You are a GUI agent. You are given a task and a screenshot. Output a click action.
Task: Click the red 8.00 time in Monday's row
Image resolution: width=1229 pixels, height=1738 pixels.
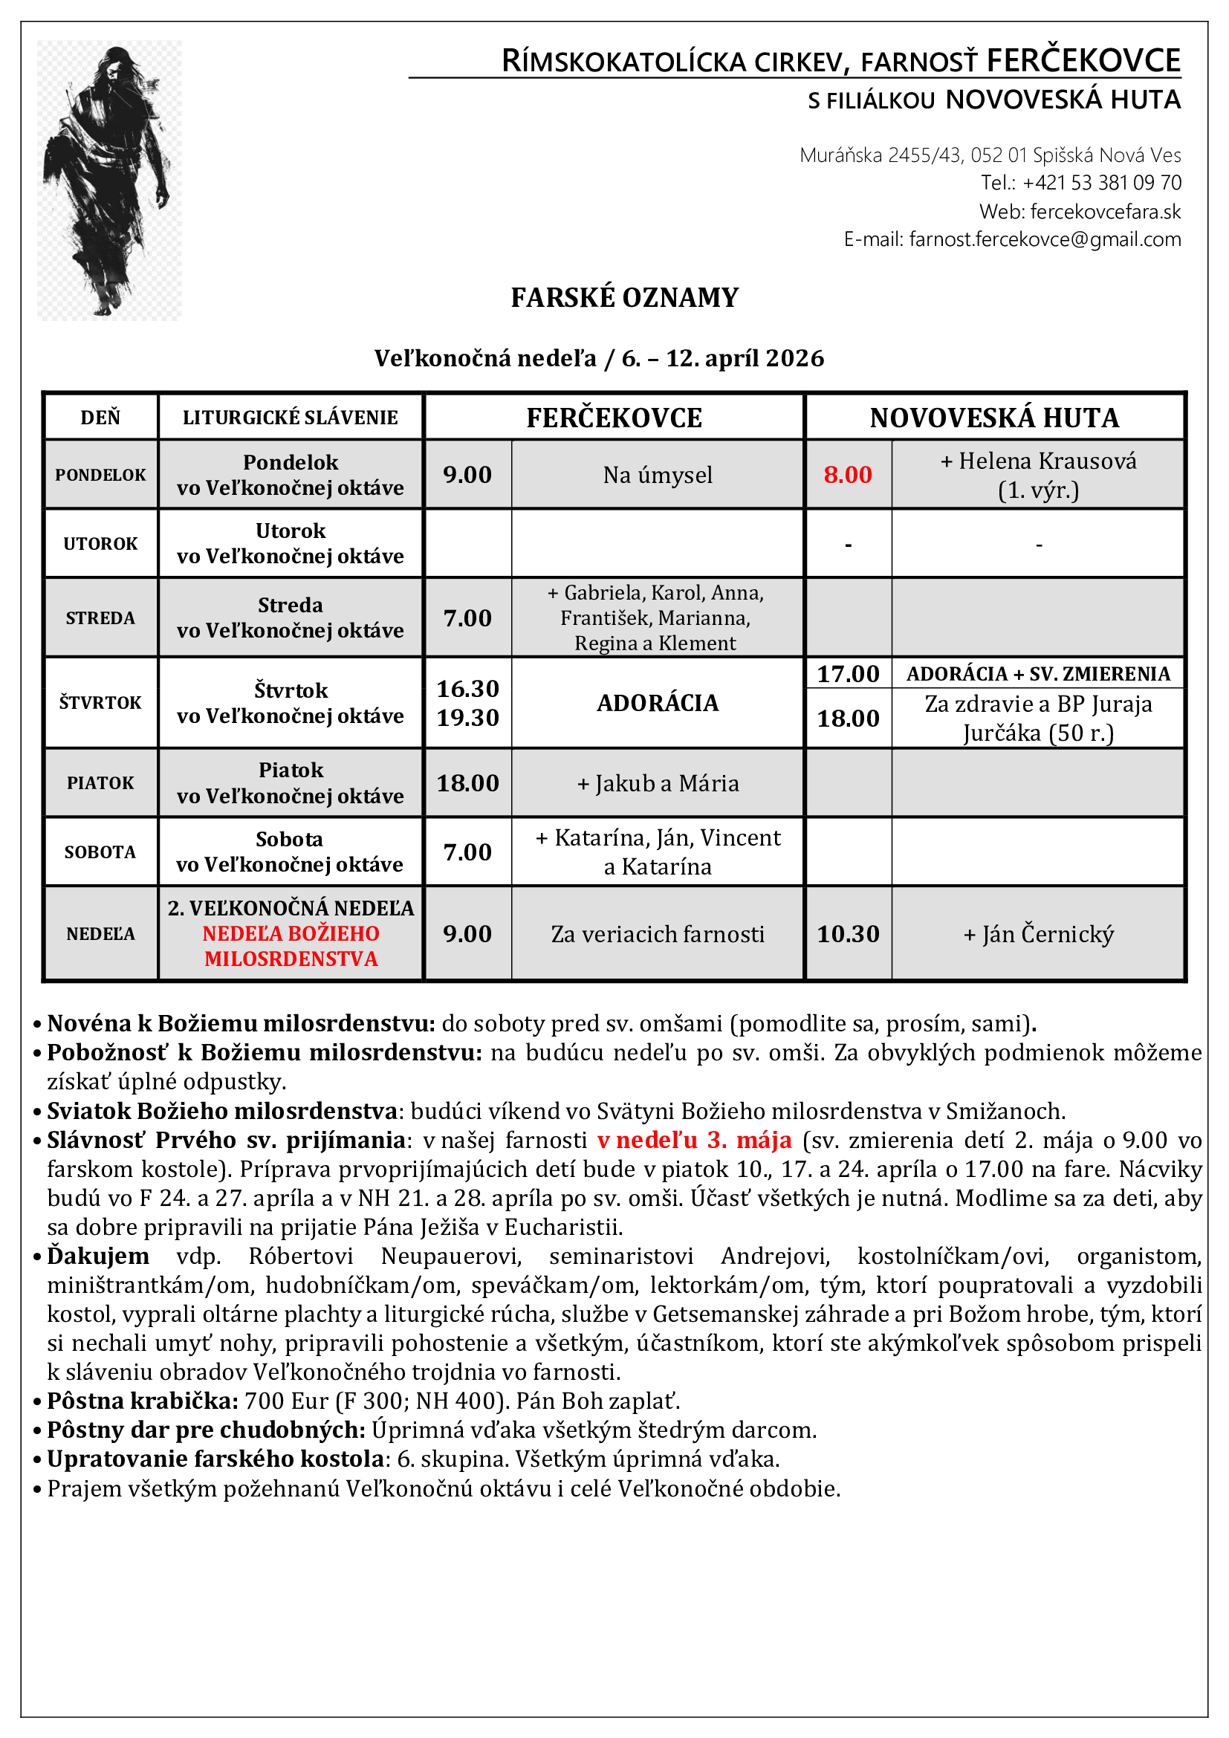point(848,475)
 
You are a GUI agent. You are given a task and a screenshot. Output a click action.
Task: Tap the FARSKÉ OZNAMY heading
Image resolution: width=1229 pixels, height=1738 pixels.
point(624,297)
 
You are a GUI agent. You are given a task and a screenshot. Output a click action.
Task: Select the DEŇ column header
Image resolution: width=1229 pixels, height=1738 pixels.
point(100,418)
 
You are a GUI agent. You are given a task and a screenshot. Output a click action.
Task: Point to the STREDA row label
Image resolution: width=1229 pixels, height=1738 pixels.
point(100,617)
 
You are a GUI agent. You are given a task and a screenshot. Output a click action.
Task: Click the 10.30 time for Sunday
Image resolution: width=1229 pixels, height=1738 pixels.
point(848,933)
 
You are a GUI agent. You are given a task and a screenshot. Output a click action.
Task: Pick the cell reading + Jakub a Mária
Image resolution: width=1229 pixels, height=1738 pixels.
point(658,782)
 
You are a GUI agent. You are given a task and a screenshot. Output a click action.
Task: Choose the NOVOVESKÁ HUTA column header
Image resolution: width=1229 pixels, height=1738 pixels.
point(993,418)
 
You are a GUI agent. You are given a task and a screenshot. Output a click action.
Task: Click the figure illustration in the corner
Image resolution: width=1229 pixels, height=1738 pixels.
point(110,180)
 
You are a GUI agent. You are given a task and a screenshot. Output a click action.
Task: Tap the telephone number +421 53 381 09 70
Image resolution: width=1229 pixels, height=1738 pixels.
point(1101,183)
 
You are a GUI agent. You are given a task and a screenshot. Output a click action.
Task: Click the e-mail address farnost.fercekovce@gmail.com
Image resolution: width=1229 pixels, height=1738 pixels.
point(1044,239)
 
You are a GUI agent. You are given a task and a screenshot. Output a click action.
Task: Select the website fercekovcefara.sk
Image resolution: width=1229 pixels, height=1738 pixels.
point(1105,211)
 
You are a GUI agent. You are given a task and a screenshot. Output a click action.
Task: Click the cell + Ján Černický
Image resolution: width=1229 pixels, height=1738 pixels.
point(1038,933)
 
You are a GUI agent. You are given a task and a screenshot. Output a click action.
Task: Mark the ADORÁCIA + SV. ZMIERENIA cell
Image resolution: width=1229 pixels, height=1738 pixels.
point(1038,674)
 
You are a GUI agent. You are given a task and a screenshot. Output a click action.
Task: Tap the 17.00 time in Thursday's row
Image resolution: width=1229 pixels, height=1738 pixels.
point(848,674)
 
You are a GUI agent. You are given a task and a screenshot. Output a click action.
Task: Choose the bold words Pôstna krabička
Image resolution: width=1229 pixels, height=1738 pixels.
point(142,1401)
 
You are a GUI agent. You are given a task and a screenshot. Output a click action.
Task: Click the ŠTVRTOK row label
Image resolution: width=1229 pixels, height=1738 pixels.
point(100,702)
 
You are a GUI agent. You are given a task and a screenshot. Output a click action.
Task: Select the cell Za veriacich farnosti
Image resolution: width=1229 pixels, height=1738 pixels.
point(658,933)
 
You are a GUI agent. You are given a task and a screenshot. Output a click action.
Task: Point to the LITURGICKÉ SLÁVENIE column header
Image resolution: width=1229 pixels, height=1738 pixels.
point(290,418)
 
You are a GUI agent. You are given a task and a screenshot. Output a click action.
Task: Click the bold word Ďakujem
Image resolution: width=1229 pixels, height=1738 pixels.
point(98,1256)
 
